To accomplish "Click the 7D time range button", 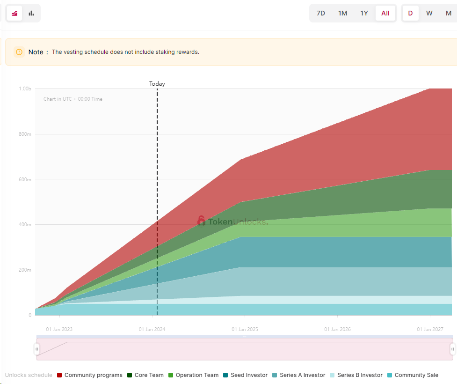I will pyautogui.click(x=321, y=13).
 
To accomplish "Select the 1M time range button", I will pyautogui.click(x=343, y=13).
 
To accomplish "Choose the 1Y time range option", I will pyautogui.click(x=364, y=13).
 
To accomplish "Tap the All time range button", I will pyautogui.click(x=385, y=13).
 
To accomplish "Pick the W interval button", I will pyautogui.click(x=429, y=13).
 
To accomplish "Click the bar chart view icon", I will pyautogui.click(x=31, y=13).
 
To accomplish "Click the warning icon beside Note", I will pyautogui.click(x=19, y=52).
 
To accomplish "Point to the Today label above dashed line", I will pyautogui.click(x=157, y=84).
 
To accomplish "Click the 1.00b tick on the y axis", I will pyautogui.click(x=25, y=89).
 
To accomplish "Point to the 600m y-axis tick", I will pyautogui.click(x=25, y=179).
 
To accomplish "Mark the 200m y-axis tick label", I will pyautogui.click(x=25, y=270).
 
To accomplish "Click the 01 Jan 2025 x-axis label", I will pyautogui.click(x=245, y=330).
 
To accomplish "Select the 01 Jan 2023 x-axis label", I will pyautogui.click(x=59, y=330).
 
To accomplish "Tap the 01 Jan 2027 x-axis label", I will pyautogui.click(x=430, y=330).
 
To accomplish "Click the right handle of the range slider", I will pyautogui.click(x=452, y=349).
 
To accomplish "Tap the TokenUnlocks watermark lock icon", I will pyautogui.click(x=202, y=221).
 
